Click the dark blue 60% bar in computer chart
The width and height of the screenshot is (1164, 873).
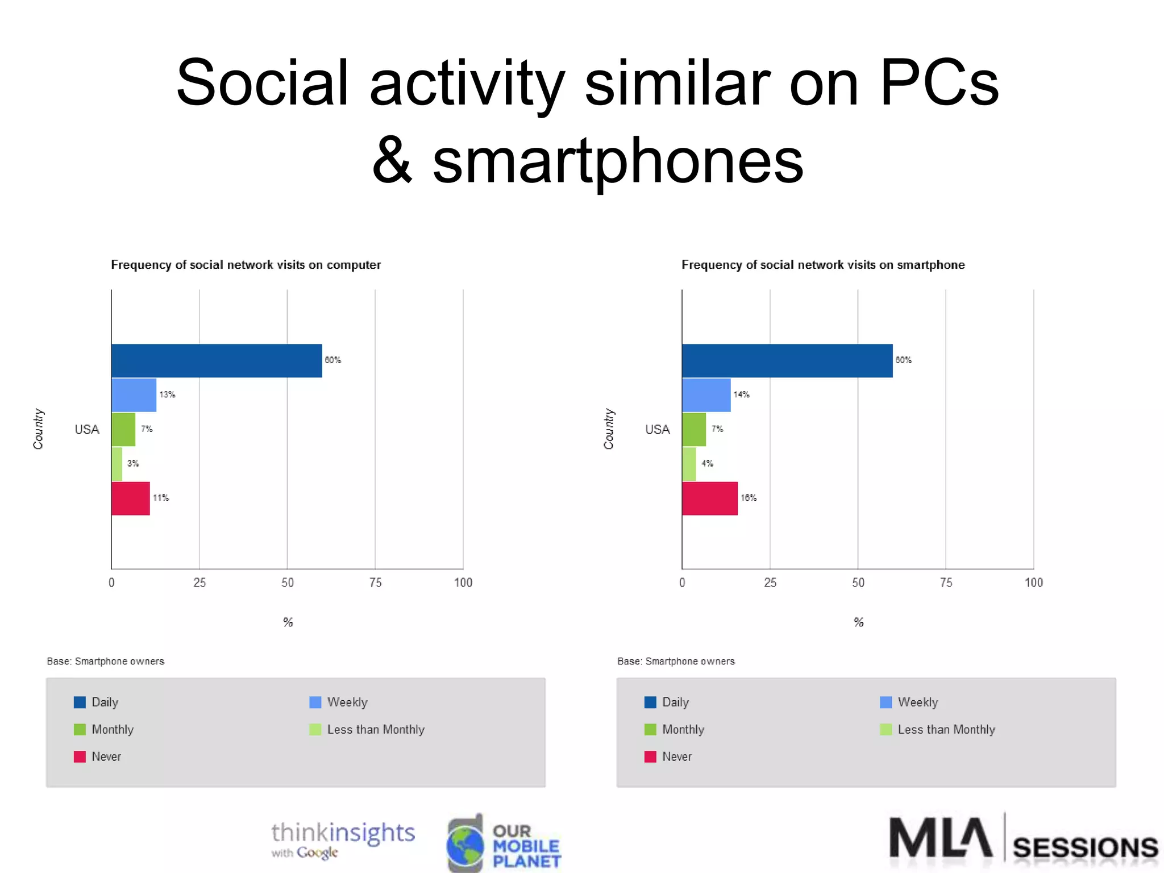(217, 360)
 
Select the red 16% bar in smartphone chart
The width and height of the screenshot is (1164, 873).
(709, 498)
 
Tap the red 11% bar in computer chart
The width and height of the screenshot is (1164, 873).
(130, 498)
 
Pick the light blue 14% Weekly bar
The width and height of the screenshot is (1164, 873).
(706, 395)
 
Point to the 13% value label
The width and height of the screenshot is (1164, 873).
(167, 394)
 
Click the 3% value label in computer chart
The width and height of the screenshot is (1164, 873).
(133, 463)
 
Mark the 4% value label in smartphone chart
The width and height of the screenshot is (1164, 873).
(707, 463)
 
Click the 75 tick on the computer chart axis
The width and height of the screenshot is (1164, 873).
(375, 583)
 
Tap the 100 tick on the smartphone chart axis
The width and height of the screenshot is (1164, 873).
(1033, 583)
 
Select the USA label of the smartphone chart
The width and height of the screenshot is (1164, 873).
(657, 429)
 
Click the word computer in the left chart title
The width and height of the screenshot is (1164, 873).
(354, 265)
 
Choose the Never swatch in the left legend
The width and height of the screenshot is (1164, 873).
(80, 756)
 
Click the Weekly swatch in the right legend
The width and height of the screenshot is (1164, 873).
(886, 702)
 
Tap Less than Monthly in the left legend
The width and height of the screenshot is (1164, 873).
(376, 729)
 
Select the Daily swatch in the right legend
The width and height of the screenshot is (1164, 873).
(650, 702)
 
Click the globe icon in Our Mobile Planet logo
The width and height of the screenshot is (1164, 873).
(465, 845)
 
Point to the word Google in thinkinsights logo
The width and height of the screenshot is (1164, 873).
(317, 853)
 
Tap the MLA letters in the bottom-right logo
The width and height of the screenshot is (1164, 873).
(941, 838)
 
